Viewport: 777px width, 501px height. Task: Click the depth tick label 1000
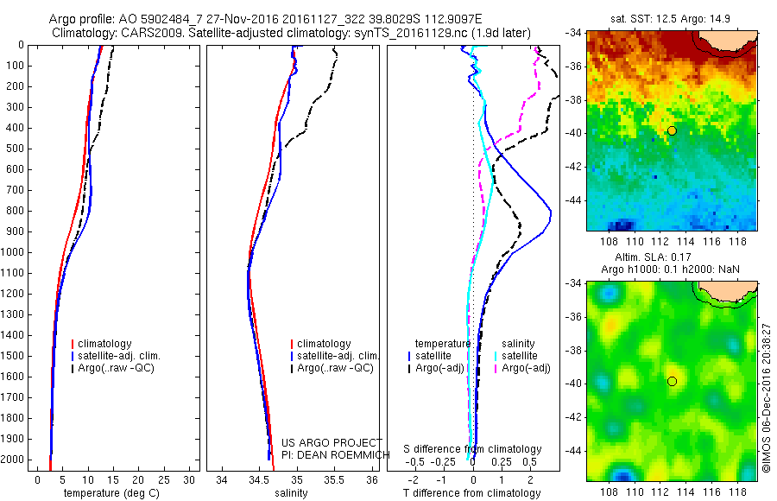13,252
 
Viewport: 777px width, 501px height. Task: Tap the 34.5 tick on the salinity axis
259,479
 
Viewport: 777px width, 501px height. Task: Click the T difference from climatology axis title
473,493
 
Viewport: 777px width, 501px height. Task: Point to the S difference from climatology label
473,449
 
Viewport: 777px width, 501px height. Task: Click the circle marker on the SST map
672,130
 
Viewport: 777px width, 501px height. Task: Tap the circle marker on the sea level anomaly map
672,381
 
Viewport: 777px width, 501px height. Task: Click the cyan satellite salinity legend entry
520,356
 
